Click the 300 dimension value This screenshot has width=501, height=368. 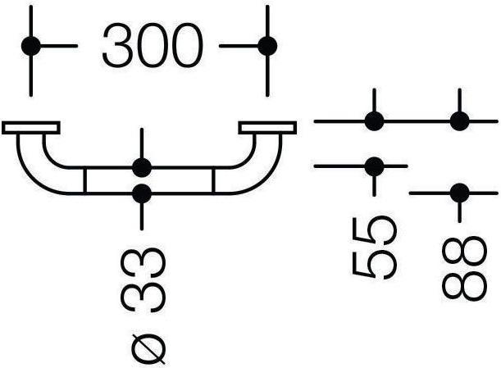[152, 46]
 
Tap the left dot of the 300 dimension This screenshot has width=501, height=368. [31, 46]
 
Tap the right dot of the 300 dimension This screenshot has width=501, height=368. [266, 46]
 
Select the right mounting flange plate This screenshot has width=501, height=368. [267, 128]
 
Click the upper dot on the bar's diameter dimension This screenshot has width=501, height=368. [142, 168]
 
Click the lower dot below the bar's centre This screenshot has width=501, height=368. [142, 194]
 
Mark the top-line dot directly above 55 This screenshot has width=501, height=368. [375, 122]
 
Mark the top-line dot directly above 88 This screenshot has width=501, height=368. [459, 122]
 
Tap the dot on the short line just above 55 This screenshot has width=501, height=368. [375, 166]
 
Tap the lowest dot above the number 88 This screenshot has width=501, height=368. [459, 193]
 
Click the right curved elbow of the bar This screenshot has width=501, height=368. [249, 167]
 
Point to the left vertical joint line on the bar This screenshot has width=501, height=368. [86, 181]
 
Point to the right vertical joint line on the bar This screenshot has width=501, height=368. [213, 181]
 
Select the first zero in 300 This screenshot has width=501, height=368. [152, 46]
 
